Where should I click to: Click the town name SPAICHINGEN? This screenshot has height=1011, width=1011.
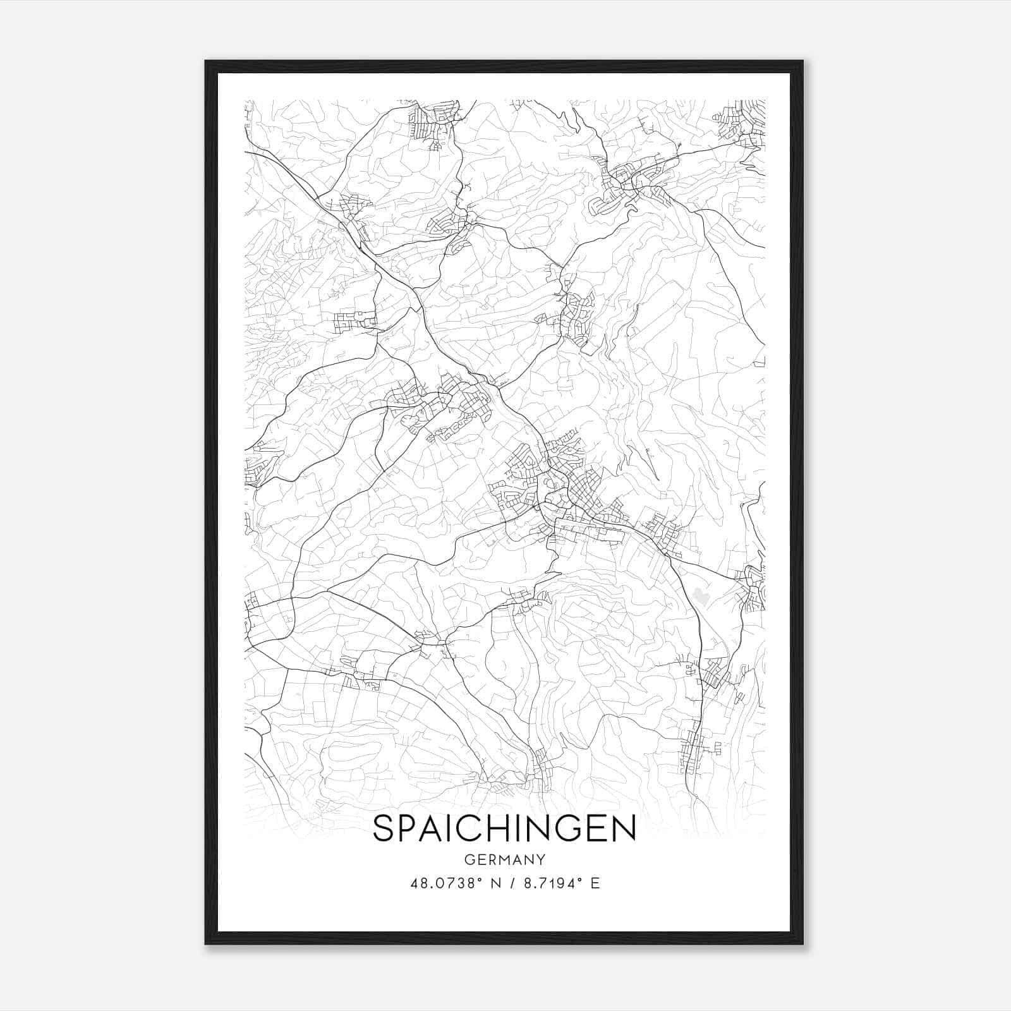click(504, 828)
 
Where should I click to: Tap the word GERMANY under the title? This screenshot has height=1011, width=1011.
click(504, 860)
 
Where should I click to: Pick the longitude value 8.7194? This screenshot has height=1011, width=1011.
click(548, 883)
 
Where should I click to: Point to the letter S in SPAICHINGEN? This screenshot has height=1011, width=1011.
click(384, 828)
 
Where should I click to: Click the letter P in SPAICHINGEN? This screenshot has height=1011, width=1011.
click(409, 828)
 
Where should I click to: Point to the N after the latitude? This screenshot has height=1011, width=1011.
click(494, 883)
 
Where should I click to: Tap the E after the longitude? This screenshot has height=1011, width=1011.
click(595, 883)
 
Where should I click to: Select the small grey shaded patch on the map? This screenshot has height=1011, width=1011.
click(699, 595)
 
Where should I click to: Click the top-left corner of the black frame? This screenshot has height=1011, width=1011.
click(207, 62)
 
